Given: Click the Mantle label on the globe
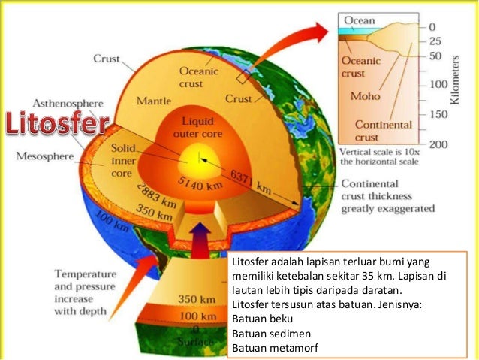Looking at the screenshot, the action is (x=154, y=101).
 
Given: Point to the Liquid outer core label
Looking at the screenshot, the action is (x=194, y=129).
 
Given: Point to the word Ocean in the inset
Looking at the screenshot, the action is (x=360, y=20).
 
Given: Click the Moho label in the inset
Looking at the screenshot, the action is (x=365, y=97).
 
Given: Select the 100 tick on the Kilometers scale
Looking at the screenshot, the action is (x=437, y=85).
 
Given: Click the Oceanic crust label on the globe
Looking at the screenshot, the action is (x=198, y=77).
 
